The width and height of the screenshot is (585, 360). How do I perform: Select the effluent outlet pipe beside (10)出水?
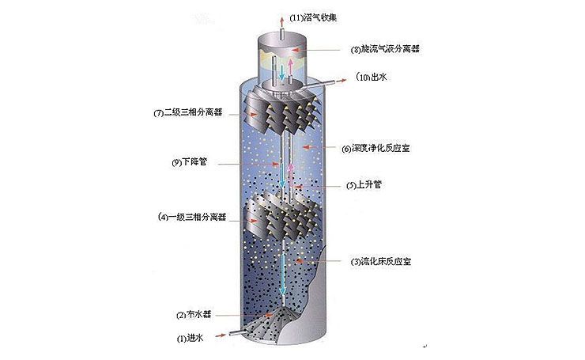click(x=328, y=81)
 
